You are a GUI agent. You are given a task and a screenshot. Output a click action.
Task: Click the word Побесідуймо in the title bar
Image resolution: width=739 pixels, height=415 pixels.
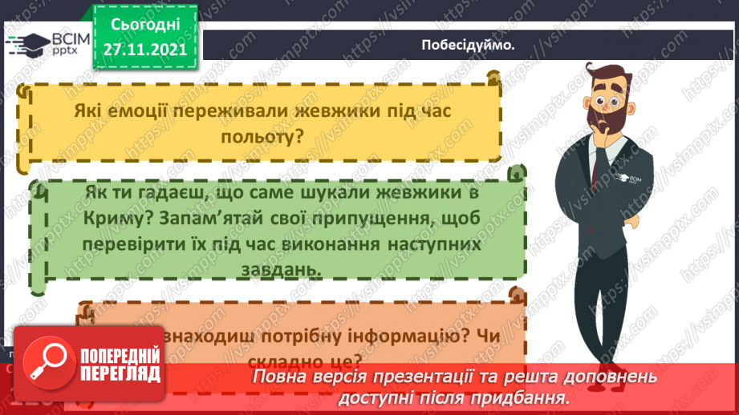pos(468,44)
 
